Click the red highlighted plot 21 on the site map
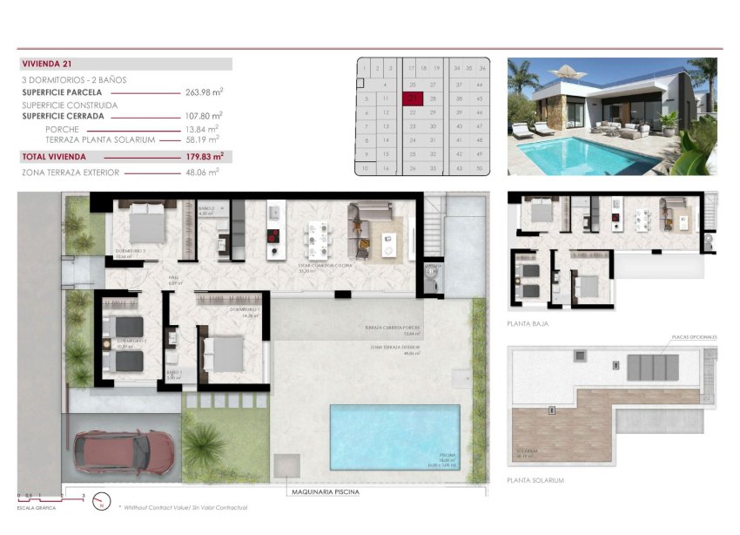[x=413, y=99]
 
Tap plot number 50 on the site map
[x=481, y=167]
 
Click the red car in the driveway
[x=125, y=452]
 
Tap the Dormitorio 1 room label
[x=246, y=311]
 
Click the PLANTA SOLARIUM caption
[x=535, y=480]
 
